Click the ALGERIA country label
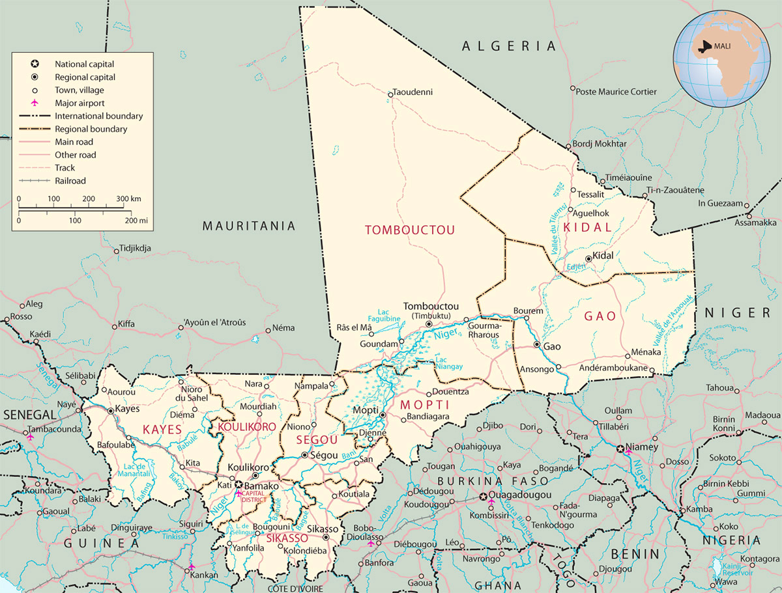(x=509, y=46)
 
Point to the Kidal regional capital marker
(x=588, y=258)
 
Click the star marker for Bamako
(x=239, y=485)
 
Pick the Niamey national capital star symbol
(x=620, y=448)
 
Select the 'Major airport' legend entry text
(x=80, y=103)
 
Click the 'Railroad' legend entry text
(x=70, y=181)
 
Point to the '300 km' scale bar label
(x=128, y=199)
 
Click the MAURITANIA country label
(x=248, y=226)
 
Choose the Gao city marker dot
(x=536, y=344)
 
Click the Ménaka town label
(x=646, y=352)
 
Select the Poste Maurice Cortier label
(x=616, y=92)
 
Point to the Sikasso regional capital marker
(x=326, y=538)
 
